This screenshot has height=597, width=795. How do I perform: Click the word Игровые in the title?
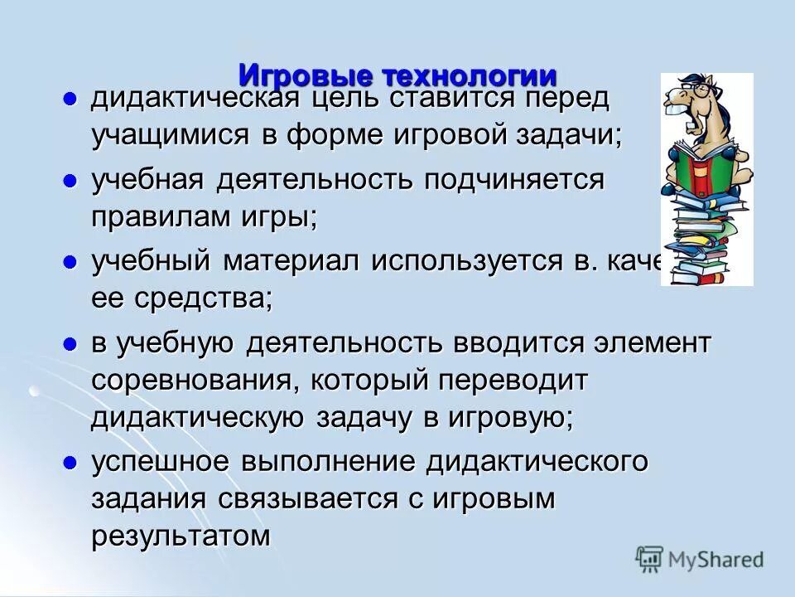point(306,75)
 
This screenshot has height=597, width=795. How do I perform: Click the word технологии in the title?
point(470,75)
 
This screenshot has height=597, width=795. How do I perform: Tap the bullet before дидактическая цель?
point(70,99)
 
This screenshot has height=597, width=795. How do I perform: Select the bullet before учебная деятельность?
point(70,180)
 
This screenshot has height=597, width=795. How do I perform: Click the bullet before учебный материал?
point(70,261)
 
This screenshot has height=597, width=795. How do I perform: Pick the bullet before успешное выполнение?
point(70,462)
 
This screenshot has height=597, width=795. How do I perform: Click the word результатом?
point(181,536)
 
